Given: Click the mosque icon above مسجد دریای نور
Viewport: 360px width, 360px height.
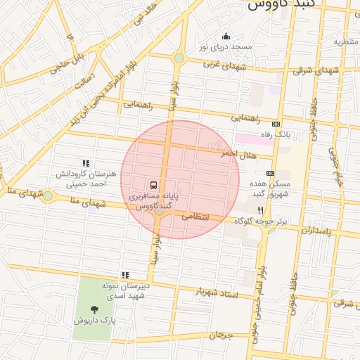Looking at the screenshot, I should (x=226, y=36).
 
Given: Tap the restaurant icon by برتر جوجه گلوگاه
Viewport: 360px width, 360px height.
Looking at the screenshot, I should (x=260, y=210).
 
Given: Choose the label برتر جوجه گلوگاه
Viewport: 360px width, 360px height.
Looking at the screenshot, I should (x=262, y=221).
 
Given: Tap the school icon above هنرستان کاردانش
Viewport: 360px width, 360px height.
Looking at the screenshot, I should (x=86, y=162).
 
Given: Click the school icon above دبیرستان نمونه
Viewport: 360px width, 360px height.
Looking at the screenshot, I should (x=124, y=275).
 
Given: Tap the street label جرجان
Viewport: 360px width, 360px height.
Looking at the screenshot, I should (x=220, y=335).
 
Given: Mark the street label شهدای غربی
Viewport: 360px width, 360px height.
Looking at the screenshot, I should (x=226, y=65).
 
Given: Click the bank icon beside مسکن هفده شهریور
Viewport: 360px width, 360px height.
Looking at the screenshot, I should (x=270, y=173).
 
